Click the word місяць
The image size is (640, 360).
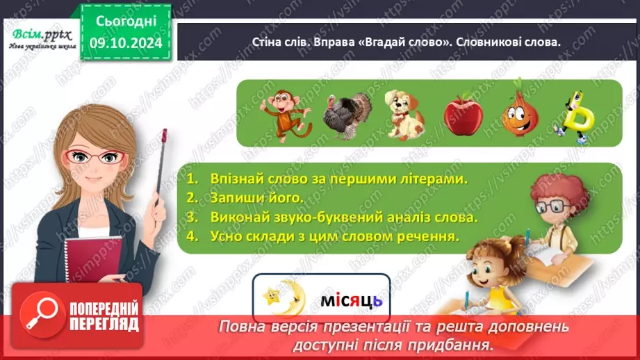click(351, 301)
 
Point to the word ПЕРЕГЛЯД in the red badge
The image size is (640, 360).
click(105, 323)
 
